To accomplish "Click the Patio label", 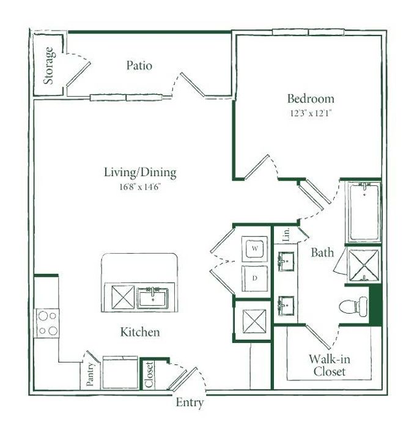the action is pyautogui.click(x=139, y=65).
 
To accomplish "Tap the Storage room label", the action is pyautogui.click(x=48, y=66).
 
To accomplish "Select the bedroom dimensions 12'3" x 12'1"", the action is pyautogui.click(x=311, y=113).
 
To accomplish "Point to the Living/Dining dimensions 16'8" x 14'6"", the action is pyautogui.click(x=140, y=186).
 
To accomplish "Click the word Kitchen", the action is pyautogui.click(x=140, y=332).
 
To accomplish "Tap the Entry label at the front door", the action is pyautogui.click(x=190, y=402).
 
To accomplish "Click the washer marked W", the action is pyautogui.click(x=254, y=249).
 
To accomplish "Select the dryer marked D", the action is pyautogui.click(x=254, y=278).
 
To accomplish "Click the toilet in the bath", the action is pyautogui.click(x=353, y=306).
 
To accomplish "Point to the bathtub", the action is pyautogui.click(x=364, y=212).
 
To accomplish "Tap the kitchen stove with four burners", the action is pyautogui.click(x=46, y=323).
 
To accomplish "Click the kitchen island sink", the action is pyautogui.click(x=153, y=298).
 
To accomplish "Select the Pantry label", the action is pyautogui.click(x=90, y=374).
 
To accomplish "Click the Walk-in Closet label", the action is pyautogui.click(x=330, y=365).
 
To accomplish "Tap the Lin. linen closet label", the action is pyautogui.click(x=286, y=234).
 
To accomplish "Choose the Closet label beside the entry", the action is pyautogui.click(x=149, y=374).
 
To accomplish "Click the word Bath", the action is pyautogui.click(x=322, y=253).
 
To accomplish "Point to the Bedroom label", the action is pyautogui.click(x=311, y=98).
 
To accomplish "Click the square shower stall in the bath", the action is pyautogui.click(x=364, y=265).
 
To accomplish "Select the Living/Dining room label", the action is pyautogui.click(x=140, y=172).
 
